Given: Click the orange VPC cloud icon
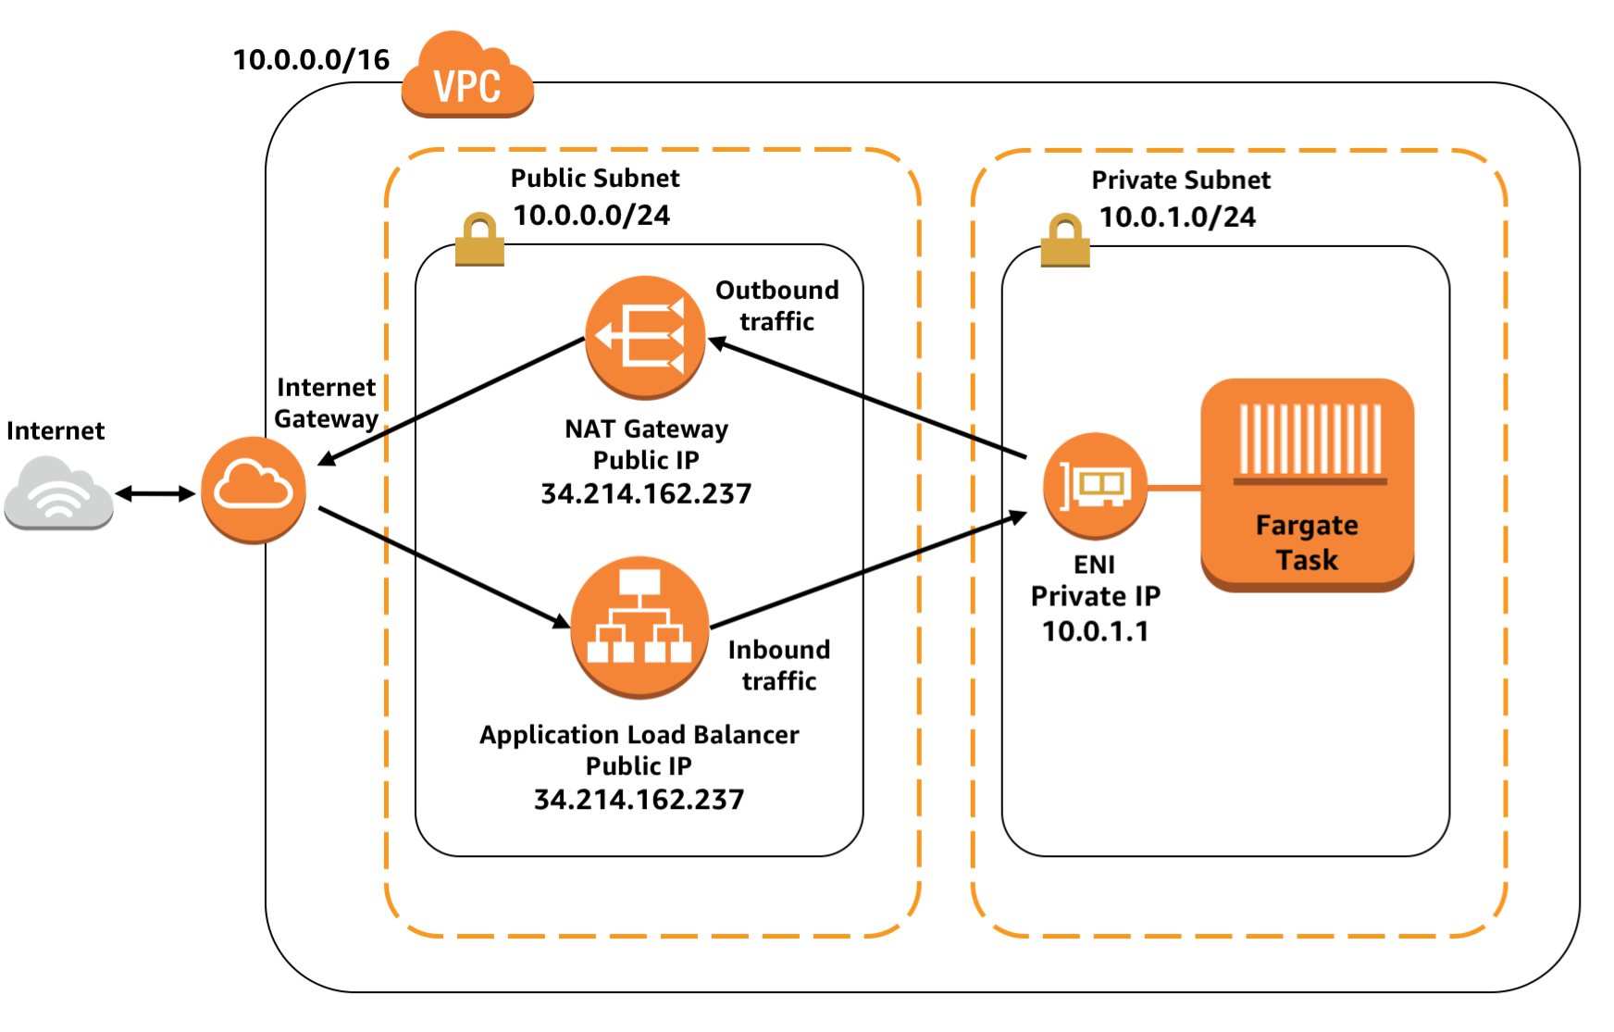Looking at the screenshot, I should click(467, 78).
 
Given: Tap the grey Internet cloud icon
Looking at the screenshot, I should click(58, 492).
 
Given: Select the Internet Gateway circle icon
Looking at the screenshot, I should click(253, 490).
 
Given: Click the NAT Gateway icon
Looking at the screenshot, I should click(645, 337).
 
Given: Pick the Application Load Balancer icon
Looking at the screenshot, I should click(639, 627).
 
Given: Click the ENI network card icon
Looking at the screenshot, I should click(1095, 485).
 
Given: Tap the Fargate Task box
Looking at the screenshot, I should click(1307, 484).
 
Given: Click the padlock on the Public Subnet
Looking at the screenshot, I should click(479, 240).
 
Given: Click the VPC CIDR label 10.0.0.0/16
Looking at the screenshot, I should click(311, 60).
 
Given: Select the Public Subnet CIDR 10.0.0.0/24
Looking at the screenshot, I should click(591, 216).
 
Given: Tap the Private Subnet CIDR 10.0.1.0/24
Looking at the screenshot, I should click(1177, 218).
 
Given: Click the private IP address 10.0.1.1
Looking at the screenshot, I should click(1095, 631).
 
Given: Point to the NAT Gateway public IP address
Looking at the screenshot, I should click(646, 493).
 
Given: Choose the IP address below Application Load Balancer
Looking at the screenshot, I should click(639, 799).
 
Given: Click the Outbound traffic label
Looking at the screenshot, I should click(776, 305).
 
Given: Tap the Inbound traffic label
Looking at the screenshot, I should click(778, 665).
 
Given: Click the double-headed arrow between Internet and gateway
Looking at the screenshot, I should click(155, 493).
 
